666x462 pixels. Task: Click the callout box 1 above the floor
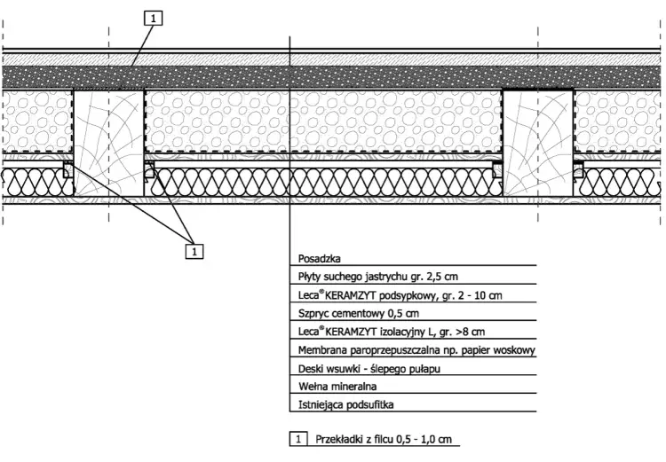coord(154,19)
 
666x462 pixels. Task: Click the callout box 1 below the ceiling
coord(194,251)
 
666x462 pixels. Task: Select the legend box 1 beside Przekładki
coord(298,439)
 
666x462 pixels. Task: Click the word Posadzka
coord(320,258)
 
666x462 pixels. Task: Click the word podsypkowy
coord(408,295)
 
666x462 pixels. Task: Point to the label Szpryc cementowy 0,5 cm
coord(359,314)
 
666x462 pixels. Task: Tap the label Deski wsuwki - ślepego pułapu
coord(369,369)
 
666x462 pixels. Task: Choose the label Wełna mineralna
coord(337,387)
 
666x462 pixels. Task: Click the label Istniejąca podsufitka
coord(345,404)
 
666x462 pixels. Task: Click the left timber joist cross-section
coord(108,143)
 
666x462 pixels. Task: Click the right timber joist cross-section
coord(538,143)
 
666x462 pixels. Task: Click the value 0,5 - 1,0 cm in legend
coord(424,440)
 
